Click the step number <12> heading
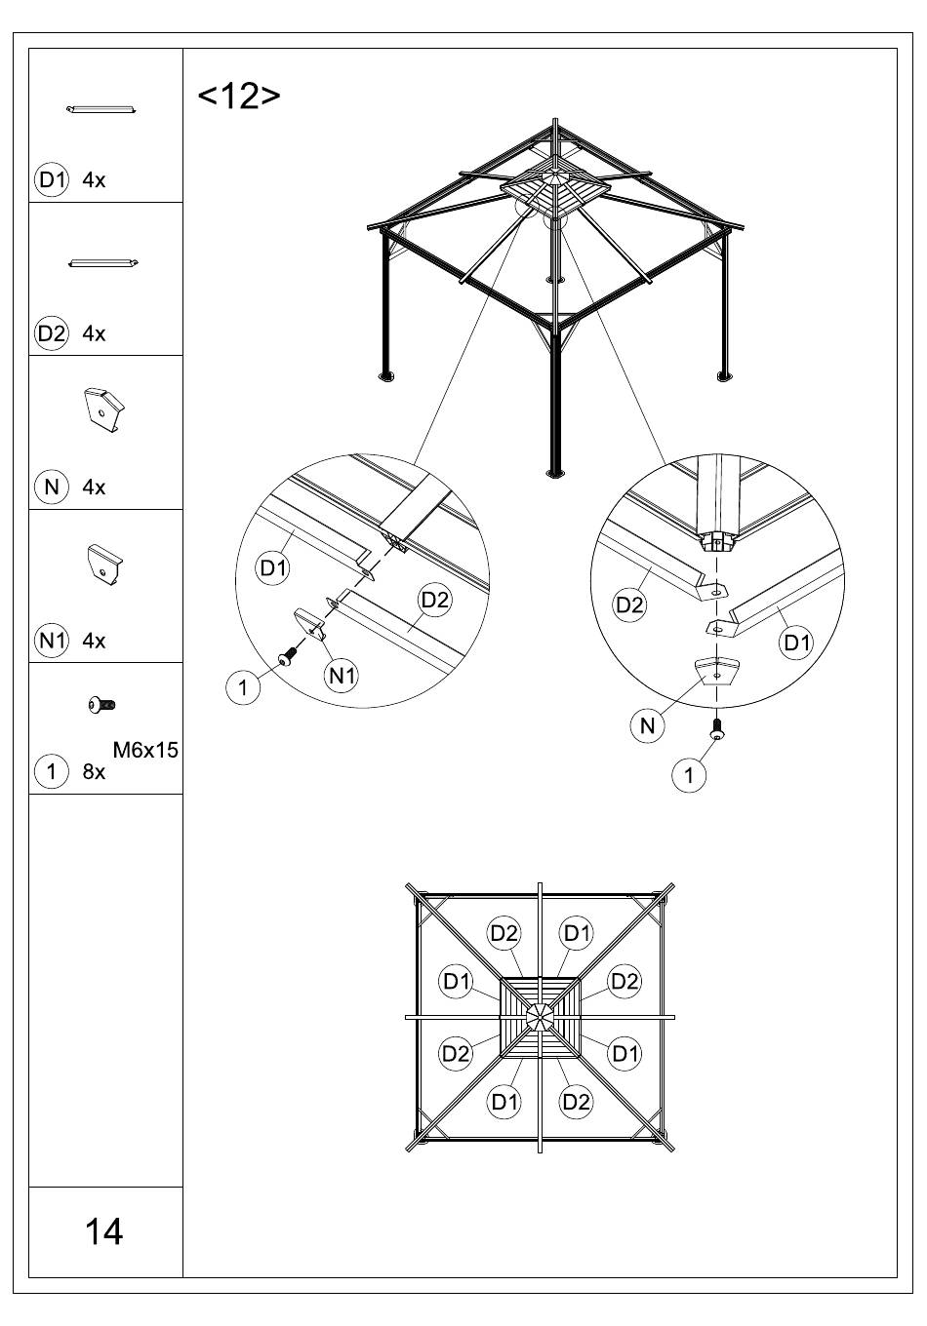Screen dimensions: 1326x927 click(x=239, y=96)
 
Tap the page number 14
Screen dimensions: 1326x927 click(x=104, y=1231)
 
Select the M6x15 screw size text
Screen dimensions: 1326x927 click(x=145, y=750)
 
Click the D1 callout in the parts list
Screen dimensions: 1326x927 click(x=52, y=179)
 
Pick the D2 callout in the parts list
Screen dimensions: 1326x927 click(x=52, y=333)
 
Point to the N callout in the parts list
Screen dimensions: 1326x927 click(x=52, y=487)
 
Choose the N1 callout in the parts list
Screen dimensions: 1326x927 click(x=52, y=641)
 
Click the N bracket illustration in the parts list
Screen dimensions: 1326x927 click(x=104, y=409)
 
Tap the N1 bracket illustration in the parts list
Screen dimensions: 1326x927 click(x=104, y=564)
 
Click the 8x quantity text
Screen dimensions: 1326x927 click(x=94, y=772)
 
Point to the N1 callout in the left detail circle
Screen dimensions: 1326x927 click(x=342, y=675)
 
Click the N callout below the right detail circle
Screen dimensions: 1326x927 click(x=647, y=725)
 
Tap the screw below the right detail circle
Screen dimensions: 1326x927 click(x=717, y=728)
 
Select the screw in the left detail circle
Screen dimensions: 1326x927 click(x=288, y=659)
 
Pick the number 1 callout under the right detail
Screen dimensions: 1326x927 click(x=690, y=775)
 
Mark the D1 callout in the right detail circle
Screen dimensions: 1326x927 click(x=797, y=642)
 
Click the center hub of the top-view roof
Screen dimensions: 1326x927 click(x=539, y=1017)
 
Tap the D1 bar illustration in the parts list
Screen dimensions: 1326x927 click(x=102, y=108)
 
